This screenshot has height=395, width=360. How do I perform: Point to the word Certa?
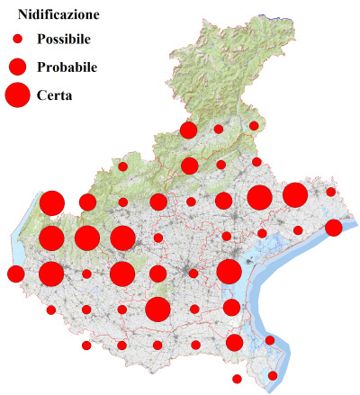click(55, 94)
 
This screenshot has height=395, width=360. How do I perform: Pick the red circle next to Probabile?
click(17, 67)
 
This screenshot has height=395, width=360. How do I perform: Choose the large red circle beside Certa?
click(17, 94)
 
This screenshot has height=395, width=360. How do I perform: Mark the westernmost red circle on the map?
click(15, 274)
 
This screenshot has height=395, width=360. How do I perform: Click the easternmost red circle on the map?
click(333, 228)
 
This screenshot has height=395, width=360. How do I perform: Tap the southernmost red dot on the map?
click(237, 379)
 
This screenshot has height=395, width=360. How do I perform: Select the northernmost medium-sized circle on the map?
click(188, 130)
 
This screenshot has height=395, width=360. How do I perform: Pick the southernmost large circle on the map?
click(158, 310)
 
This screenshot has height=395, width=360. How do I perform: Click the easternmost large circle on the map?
click(295, 194)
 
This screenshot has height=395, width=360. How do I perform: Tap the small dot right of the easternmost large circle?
click(331, 192)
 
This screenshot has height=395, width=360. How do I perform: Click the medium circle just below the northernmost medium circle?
click(189, 166)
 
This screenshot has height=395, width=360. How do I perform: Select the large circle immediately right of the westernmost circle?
click(51, 274)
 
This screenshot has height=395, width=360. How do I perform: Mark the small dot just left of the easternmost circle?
click(298, 231)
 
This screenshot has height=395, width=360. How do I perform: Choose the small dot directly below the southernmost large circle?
click(158, 346)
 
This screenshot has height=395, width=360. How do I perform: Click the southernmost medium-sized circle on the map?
click(234, 342)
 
